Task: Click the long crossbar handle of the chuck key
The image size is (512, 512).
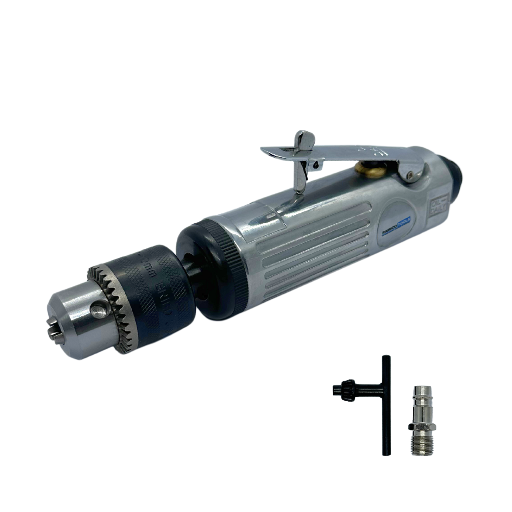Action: pos(386,405)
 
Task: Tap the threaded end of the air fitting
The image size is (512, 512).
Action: pos(418,443)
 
